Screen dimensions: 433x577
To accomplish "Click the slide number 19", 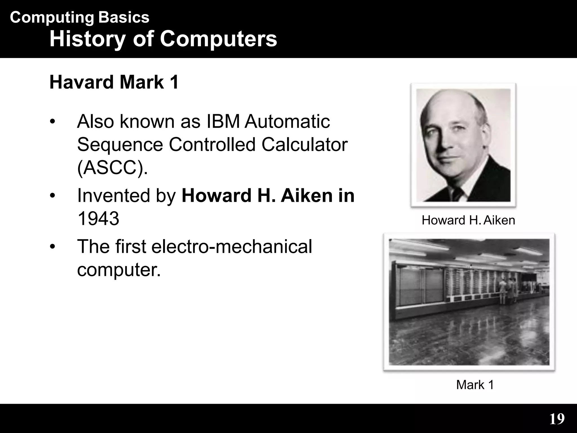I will pyautogui.click(x=557, y=419).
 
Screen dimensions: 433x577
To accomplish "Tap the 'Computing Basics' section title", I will pyautogui.click(x=79, y=17).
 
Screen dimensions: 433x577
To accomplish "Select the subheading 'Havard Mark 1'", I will pyautogui.click(x=114, y=82).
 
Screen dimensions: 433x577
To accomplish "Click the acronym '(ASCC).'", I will pyautogui.click(x=112, y=168).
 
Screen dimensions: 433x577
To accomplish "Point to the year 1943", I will pyautogui.click(x=98, y=219).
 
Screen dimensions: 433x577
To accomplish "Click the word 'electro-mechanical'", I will pyautogui.click(x=232, y=247).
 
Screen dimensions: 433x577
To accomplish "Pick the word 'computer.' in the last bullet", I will pyautogui.click(x=119, y=270).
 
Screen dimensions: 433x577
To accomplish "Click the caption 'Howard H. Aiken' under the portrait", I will pyautogui.click(x=468, y=220).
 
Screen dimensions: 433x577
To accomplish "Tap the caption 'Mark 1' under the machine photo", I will pyautogui.click(x=475, y=385).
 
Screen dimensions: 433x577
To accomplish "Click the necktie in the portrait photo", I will pyautogui.click(x=456, y=195).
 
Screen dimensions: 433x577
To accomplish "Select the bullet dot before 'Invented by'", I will pyautogui.click(x=52, y=196).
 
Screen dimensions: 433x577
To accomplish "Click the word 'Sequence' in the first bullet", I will pyautogui.click(x=120, y=145).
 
